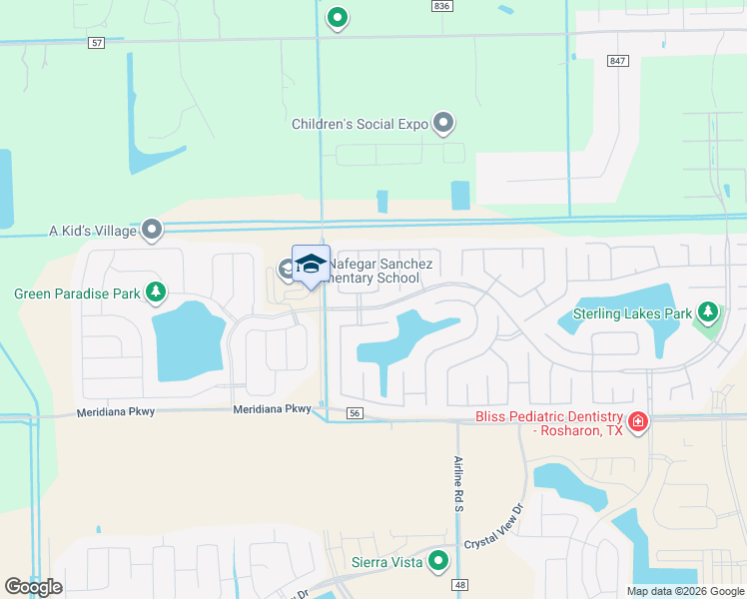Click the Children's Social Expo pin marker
click(444, 124)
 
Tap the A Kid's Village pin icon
click(153, 231)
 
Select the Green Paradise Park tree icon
click(155, 293)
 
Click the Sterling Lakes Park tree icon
click(708, 313)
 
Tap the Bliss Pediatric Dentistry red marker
click(638, 422)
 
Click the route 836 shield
click(442, 6)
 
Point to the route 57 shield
click(96, 43)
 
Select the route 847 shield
click(617, 61)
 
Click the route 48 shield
click(460, 586)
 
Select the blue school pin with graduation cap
click(311, 265)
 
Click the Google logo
click(33, 587)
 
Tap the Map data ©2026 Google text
click(684, 591)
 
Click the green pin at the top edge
click(338, 17)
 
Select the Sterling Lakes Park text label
click(632, 314)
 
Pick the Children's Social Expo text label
click(360, 125)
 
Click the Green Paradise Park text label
click(76, 294)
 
